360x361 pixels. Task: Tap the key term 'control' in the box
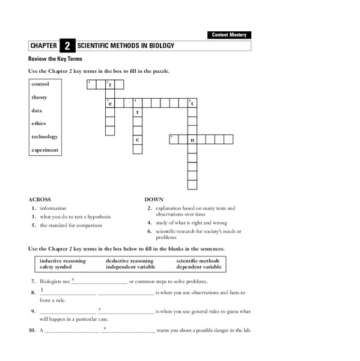pyautogui.click(x=40, y=84)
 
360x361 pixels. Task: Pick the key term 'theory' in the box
pyautogui.click(x=40, y=97)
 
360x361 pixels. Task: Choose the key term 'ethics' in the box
pyautogui.click(x=38, y=123)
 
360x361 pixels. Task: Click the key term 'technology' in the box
pyautogui.click(x=44, y=137)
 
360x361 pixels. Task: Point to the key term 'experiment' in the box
pyautogui.click(x=45, y=150)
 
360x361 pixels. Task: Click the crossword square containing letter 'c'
pyautogui.click(x=138, y=140)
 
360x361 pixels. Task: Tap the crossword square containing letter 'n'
pyautogui.click(x=192, y=140)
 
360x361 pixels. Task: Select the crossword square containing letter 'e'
pyautogui.click(x=110, y=103)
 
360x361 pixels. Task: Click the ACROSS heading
pyautogui.click(x=40, y=199)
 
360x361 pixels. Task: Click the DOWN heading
pyautogui.click(x=154, y=199)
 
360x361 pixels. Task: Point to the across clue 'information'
pyautogui.click(x=54, y=208)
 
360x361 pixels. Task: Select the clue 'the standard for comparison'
pyautogui.click(x=71, y=225)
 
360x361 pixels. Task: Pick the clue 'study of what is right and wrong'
pyautogui.click(x=191, y=223)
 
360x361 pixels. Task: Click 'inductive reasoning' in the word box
pyautogui.click(x=63, y=261)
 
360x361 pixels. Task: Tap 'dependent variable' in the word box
pyautogui.click(x=199, y=267)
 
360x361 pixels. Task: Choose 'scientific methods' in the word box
pyautogui.click(x=198, y=261)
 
